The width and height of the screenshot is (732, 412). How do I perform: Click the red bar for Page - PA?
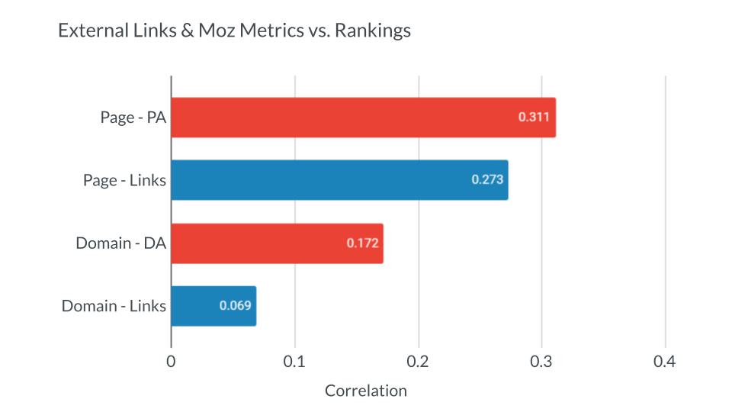[343, 117]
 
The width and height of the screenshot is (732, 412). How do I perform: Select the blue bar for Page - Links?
[320, 180]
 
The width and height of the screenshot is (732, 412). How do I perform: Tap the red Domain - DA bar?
[259, 243]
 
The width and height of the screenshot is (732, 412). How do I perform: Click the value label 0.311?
[533, 117]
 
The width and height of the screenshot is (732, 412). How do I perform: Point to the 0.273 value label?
[486, 180]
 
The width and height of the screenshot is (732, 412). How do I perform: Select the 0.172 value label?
[362, 243]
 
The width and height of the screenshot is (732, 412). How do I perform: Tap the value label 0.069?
[235, 306]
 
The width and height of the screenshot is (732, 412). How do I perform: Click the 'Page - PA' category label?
[133, 117]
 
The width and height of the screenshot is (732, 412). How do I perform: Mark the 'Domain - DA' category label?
[120, 243]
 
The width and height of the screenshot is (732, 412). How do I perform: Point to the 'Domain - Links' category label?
[114, 306]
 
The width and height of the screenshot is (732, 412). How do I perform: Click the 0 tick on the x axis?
[171, 362]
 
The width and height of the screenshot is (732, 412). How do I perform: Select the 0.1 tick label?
[294, 362]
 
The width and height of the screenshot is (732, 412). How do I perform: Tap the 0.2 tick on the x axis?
[418, 362]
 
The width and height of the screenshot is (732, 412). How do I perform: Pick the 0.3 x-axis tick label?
[541, 362]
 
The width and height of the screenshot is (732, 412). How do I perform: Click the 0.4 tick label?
[665, 362]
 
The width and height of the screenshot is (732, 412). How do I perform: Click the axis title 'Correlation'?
[366, 391]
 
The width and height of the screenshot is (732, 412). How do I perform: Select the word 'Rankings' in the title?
[375, 31]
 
